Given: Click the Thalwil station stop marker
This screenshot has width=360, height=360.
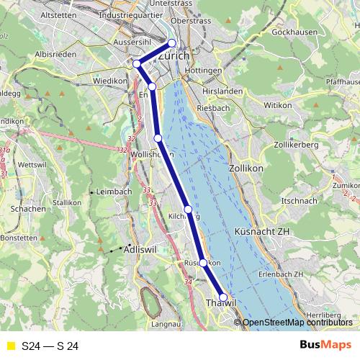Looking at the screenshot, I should (223, 297).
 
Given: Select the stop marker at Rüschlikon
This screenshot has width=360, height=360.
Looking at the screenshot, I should (203, 263).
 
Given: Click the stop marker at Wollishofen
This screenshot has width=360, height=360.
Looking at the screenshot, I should (158, 138).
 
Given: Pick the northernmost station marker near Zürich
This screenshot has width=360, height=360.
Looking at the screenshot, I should (171, 42).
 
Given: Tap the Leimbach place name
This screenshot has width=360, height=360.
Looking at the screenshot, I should (114, 192).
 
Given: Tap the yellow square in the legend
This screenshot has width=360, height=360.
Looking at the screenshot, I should (11, 346).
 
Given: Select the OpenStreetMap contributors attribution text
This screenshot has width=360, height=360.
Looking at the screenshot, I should (295, 323).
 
